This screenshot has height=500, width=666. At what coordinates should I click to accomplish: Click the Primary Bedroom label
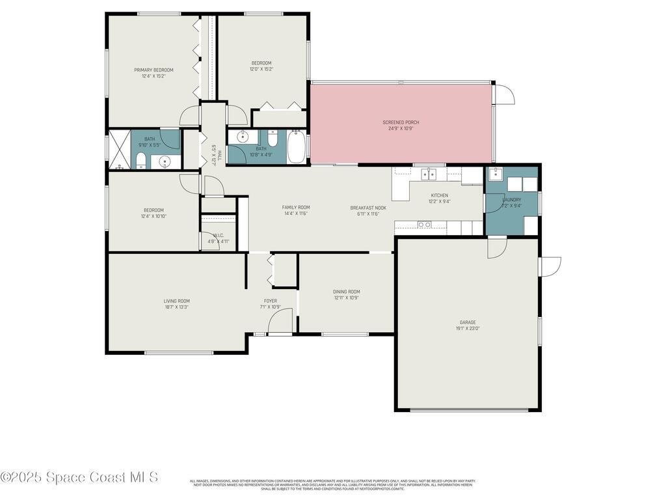coord(153,70)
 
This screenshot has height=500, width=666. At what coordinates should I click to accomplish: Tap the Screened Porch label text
coord(400,122)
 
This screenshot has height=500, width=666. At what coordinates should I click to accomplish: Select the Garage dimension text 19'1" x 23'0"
coord(468,329)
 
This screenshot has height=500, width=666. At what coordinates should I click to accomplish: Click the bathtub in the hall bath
coord(297,147)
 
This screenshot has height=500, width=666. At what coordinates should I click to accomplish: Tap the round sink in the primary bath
coord(165,161)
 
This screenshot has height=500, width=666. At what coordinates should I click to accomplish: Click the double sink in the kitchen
coord(428,174)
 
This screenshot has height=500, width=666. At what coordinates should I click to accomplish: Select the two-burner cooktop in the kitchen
coord(424,225)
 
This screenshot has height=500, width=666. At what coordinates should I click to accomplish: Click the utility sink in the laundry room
coord(495,174)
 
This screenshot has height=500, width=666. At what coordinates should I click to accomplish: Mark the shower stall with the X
coord(119,150)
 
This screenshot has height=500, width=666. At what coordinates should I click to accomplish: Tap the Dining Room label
coord(346,292)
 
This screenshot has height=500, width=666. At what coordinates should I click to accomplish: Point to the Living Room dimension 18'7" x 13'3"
coord(176,307)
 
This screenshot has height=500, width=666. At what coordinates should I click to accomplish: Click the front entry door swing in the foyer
coord(280,322)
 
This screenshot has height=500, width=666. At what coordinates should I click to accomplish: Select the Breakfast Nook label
coord(368,208)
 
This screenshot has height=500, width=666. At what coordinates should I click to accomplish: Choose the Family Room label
coord(295,208)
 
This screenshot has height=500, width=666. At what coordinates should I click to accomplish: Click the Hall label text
coord(220,156)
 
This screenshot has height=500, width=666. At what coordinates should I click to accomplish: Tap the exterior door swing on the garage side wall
coord(550,266)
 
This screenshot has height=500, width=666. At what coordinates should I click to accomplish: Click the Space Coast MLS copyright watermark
coord(79,477)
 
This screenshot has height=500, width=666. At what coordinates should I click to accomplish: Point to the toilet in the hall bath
coord(273,139)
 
